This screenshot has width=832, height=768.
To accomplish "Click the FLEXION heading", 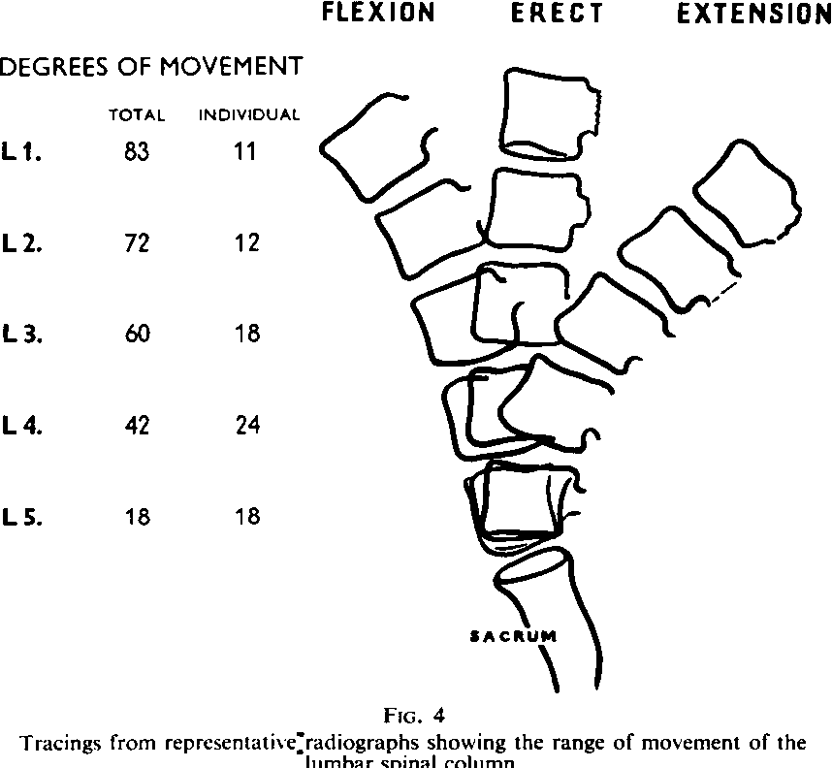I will (378, 15).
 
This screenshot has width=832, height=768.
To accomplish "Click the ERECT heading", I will (557, 15).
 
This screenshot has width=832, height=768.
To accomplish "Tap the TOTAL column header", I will (137, 115).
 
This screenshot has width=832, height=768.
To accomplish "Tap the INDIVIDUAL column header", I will (249, 115).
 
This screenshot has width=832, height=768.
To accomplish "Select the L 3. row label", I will (21, 334).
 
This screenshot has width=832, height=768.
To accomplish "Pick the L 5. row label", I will (21, 517).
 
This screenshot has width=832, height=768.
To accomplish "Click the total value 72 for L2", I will (137, 242).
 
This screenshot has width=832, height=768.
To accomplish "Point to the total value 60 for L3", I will (137, 334).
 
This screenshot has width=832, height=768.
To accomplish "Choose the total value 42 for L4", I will (137, 425).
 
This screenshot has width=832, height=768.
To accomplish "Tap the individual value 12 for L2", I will (247, 242).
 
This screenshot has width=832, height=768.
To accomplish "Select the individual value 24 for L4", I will (247, 425).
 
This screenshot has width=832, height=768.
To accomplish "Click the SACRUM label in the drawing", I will (513, 637).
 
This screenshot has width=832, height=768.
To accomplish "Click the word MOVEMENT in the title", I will (230, 68).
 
